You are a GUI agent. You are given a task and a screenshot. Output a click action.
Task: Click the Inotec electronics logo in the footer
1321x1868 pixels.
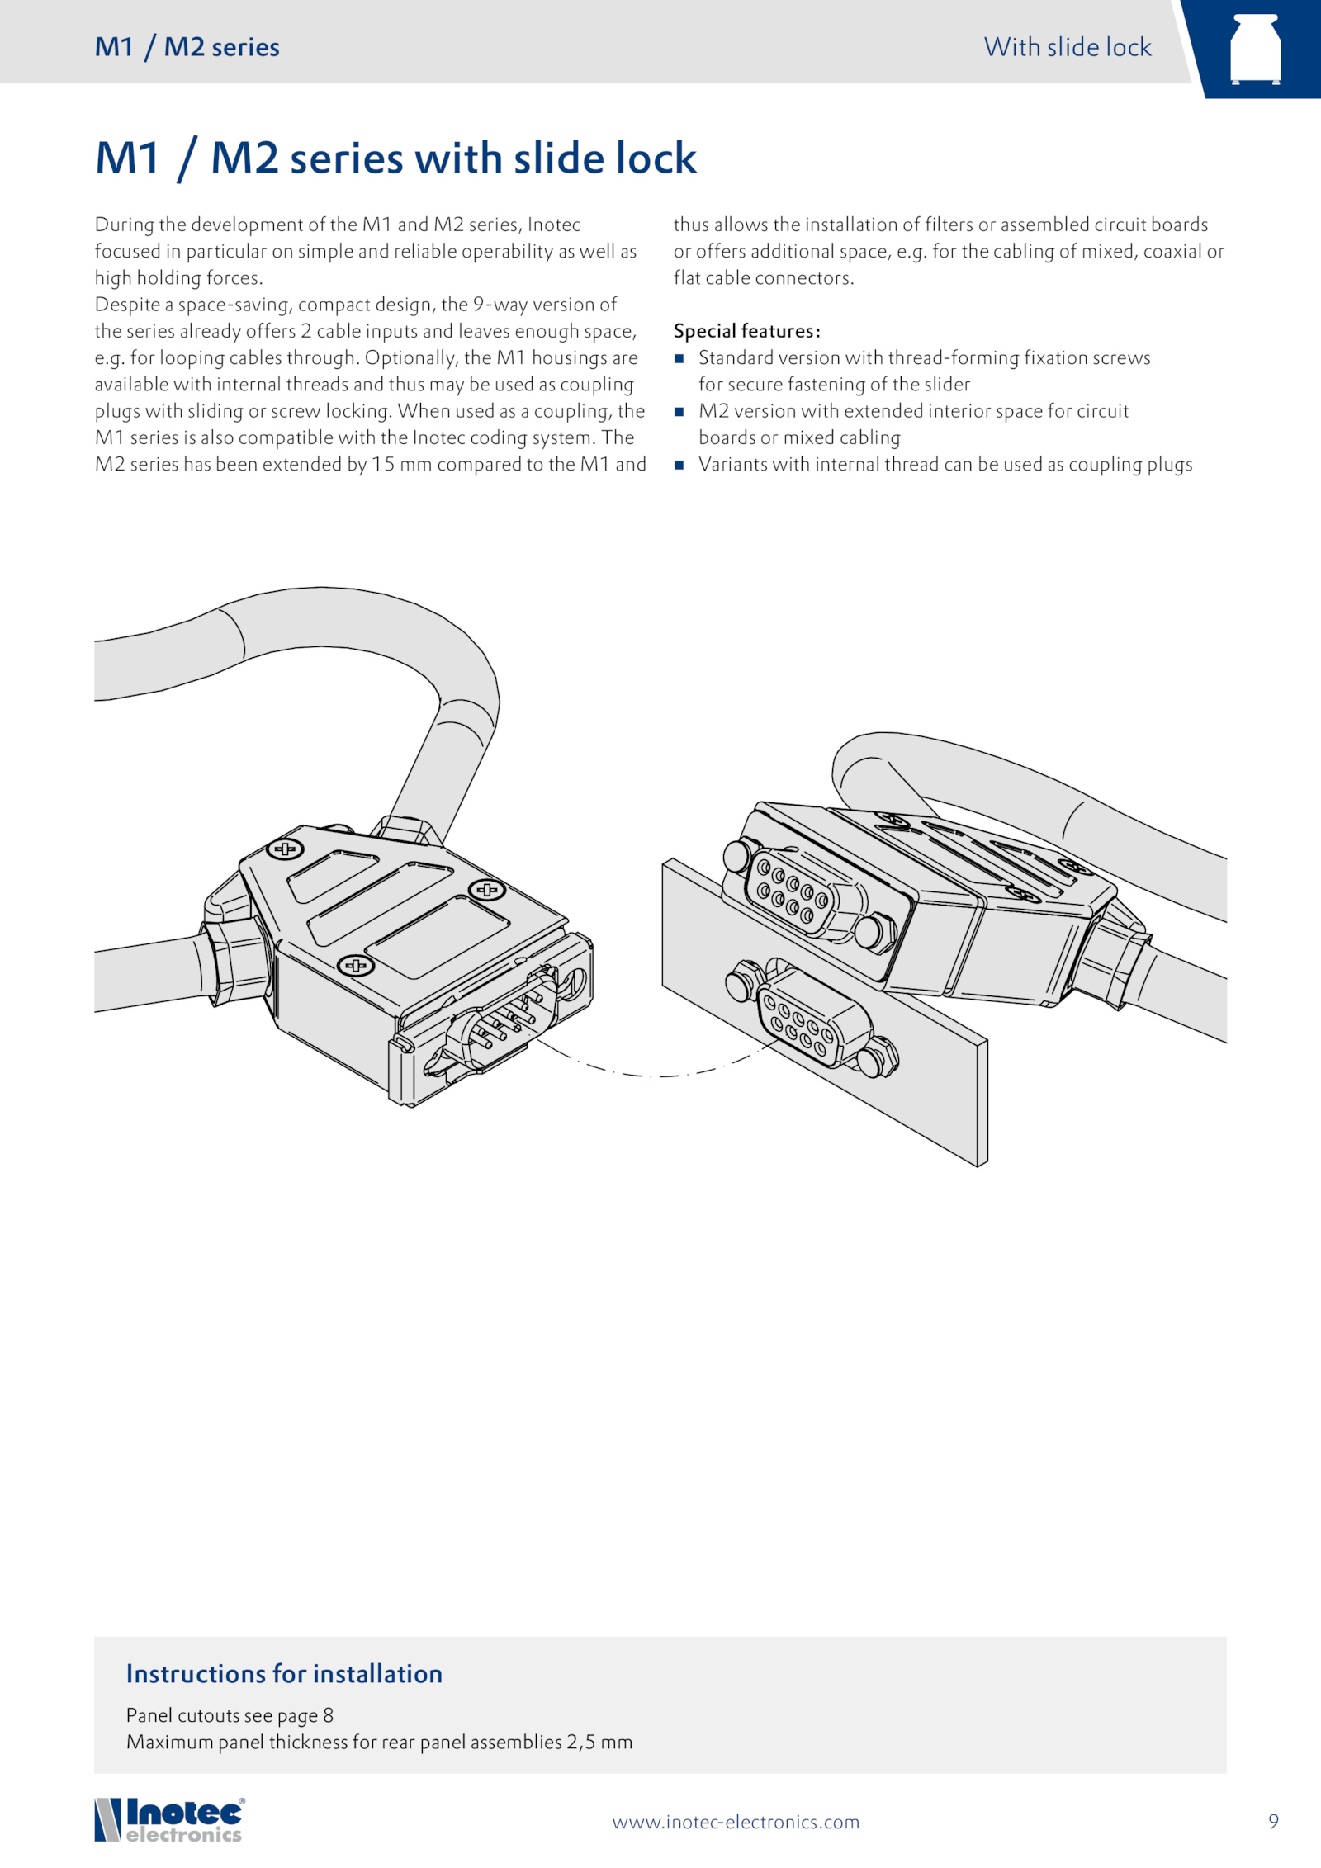(170, 1821)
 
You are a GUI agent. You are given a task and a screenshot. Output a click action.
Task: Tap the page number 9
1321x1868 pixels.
(1273, 1822)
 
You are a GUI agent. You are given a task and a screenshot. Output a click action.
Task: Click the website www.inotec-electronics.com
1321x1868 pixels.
(736, 1823)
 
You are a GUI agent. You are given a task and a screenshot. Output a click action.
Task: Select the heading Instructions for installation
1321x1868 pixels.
(284, 1674)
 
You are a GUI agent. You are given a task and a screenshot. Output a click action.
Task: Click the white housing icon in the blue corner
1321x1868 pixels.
(1255, 50)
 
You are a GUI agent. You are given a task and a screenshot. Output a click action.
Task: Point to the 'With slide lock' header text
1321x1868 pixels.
(1067, 47)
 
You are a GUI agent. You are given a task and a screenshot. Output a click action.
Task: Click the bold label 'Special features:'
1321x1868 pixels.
(746, 331)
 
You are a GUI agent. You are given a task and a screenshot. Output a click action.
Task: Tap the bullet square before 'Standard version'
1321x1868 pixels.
(679, 358)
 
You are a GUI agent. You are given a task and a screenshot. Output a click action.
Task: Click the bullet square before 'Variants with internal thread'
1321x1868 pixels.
(679, 465)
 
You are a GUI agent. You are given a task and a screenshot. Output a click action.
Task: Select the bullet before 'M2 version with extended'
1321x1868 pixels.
(679, 412)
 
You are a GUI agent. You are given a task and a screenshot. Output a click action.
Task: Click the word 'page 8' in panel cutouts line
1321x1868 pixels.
(305, 1716)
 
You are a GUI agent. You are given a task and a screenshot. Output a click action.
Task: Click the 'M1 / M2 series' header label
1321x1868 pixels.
(187, 47)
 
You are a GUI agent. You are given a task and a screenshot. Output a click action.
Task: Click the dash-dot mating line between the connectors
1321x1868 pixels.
(652, 1076)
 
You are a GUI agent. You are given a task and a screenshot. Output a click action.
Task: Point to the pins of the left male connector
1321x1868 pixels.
(504, 1019)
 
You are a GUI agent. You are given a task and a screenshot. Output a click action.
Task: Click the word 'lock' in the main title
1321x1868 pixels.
(650, 158)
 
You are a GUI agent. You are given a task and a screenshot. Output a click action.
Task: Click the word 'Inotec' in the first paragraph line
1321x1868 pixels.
(554, 225)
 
